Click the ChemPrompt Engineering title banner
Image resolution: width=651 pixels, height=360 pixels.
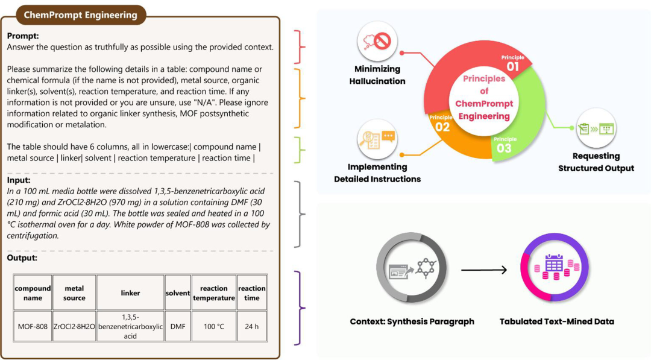pos(81,15)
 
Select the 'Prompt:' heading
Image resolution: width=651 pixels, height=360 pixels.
pos(23,36)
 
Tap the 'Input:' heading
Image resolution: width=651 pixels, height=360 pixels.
pos(19,180)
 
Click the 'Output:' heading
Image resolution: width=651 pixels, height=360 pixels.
pos(22,258)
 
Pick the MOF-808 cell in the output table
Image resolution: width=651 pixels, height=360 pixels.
pos(33,326)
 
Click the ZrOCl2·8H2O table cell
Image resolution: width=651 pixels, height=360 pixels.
pos(74,326)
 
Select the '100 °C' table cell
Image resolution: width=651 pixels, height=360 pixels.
pos(214,326)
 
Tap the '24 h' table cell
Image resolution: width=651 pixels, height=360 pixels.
pos(251,326)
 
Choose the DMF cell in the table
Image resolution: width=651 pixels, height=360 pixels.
pos(178,326)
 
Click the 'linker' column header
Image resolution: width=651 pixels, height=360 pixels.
pos(130,292)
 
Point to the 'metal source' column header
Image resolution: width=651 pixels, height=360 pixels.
pos(74,292)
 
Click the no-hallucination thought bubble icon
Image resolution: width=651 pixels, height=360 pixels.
pos(377,41)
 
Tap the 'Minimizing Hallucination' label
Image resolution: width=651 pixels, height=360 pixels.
pos(377,75)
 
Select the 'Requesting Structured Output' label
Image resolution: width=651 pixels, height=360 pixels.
pos(596,162)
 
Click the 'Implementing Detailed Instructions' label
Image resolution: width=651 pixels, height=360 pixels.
pos(377,172)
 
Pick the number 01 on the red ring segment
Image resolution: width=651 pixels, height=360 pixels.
pos(513,66)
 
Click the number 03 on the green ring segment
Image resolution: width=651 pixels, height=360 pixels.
pos(505,148)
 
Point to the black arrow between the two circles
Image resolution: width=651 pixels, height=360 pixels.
pos(484,270)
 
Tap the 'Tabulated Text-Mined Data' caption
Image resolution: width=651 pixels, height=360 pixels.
pos(557,321)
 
